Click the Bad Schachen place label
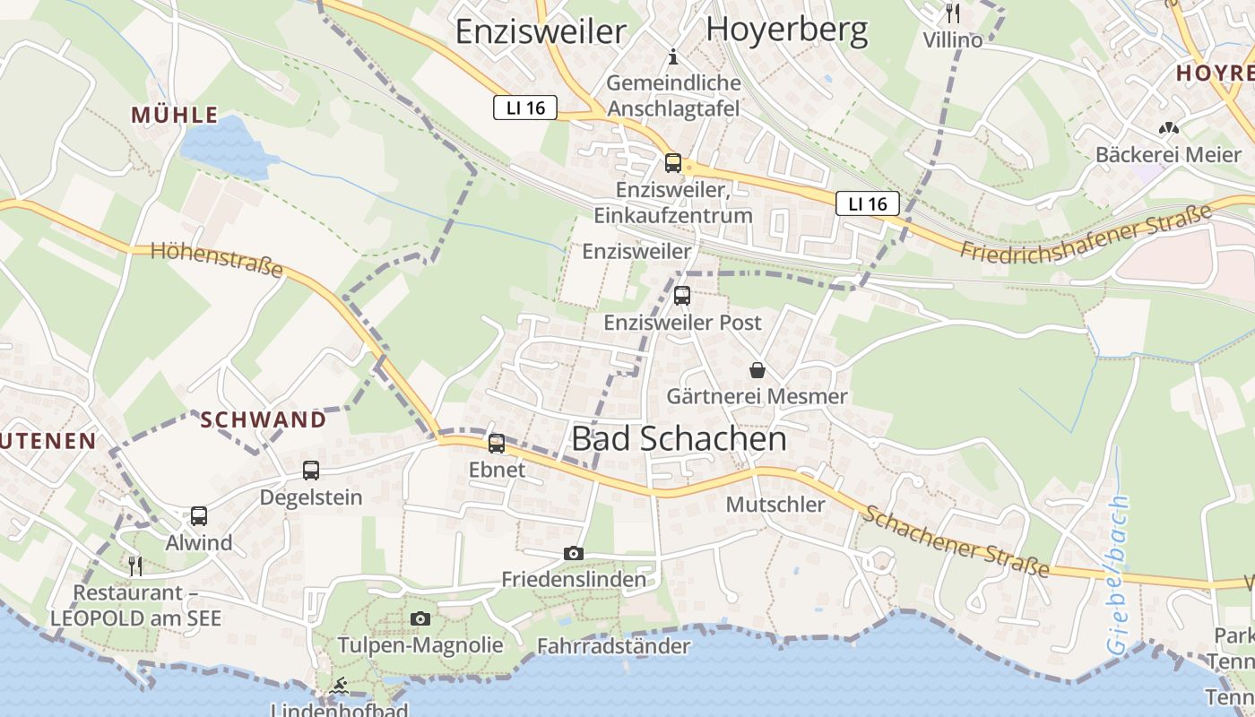click(679, 439)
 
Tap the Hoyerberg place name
click(786, 30)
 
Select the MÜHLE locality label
click(175, 115)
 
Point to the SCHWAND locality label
click(263, 419)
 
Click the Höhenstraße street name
click(217, 259)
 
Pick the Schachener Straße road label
click(956, 541)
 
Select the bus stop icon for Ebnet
click(496, 443)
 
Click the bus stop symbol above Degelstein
click(310, 470)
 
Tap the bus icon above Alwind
click(198, 515)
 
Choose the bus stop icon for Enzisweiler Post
click(682, 295)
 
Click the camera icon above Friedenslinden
click(574, 554)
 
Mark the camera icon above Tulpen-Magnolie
click(420, 618)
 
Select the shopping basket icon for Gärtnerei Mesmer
click(757, 369)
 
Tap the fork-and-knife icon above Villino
click(953, 13)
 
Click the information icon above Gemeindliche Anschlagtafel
click(674, 57)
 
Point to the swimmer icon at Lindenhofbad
click(339, 687)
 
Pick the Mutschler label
click(775, 505)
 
